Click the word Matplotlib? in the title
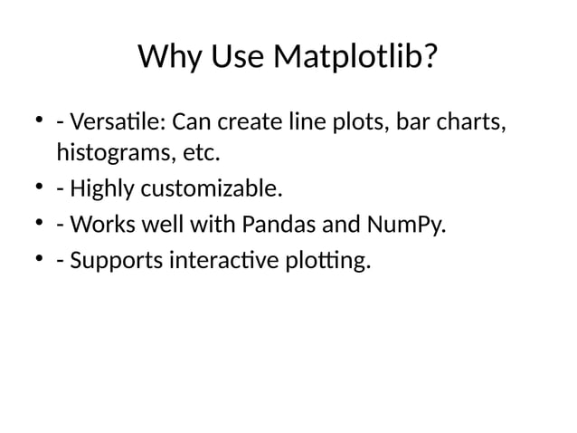(356, 59)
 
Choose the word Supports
(114, 261)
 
